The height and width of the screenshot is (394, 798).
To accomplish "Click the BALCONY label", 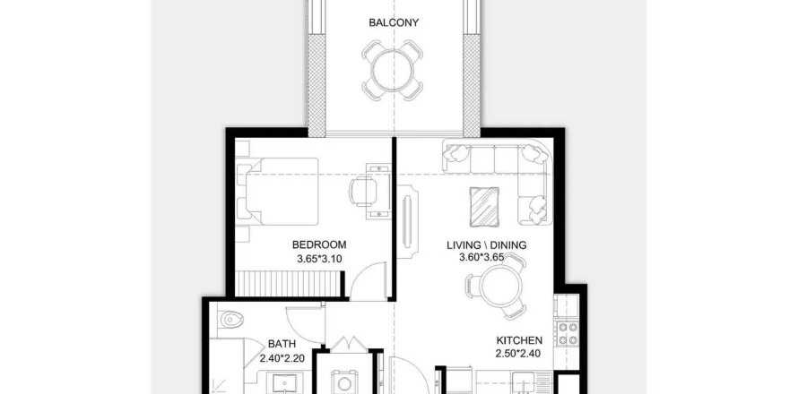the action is [394, 23].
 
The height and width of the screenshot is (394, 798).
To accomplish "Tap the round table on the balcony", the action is [392, 70].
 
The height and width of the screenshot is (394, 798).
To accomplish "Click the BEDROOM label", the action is [319, 244].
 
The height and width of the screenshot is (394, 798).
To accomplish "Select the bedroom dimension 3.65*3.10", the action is [319, 259].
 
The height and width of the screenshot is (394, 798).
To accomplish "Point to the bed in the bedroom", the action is [278, 191].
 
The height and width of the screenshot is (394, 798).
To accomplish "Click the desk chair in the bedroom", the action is [363, 192].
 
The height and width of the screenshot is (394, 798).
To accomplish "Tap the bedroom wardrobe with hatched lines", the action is [288, 284].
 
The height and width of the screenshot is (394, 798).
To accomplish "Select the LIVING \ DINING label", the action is [487, 245].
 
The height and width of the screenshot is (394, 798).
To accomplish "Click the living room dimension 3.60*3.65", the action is [481, 258].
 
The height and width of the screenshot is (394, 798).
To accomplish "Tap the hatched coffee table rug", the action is [484, 205].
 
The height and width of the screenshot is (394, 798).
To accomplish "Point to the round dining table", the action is [500, 287].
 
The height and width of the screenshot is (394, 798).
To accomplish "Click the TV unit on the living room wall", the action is [407, 222].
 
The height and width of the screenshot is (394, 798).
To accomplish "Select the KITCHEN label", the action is [519, 340].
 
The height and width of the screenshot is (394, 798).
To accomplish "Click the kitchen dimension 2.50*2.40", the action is [518, 354].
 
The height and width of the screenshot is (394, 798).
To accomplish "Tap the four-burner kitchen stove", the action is [568, 333].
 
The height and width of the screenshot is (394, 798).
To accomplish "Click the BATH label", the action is [282, 344].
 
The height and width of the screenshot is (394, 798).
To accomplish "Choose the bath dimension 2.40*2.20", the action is [282, 358].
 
